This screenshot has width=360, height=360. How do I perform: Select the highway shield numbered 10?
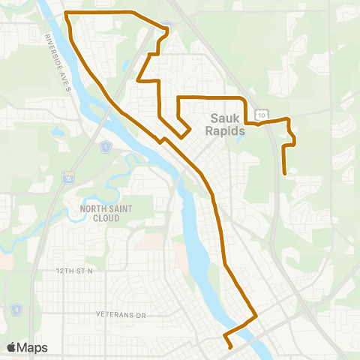click(x=260, y=114)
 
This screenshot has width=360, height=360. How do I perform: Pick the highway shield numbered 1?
click(x=106, y=146)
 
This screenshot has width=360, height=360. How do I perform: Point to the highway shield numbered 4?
click(x=15, y=308)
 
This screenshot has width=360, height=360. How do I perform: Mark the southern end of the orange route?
click(x=229, y=346)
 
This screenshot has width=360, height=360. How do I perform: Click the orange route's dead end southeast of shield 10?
click(x=284, y=174)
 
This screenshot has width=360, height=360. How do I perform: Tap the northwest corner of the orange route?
click(x=67, y=13)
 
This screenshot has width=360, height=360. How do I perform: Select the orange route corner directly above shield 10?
click(x=246, y=98)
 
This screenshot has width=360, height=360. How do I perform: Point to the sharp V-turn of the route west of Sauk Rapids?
click(x=182, y=136)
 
